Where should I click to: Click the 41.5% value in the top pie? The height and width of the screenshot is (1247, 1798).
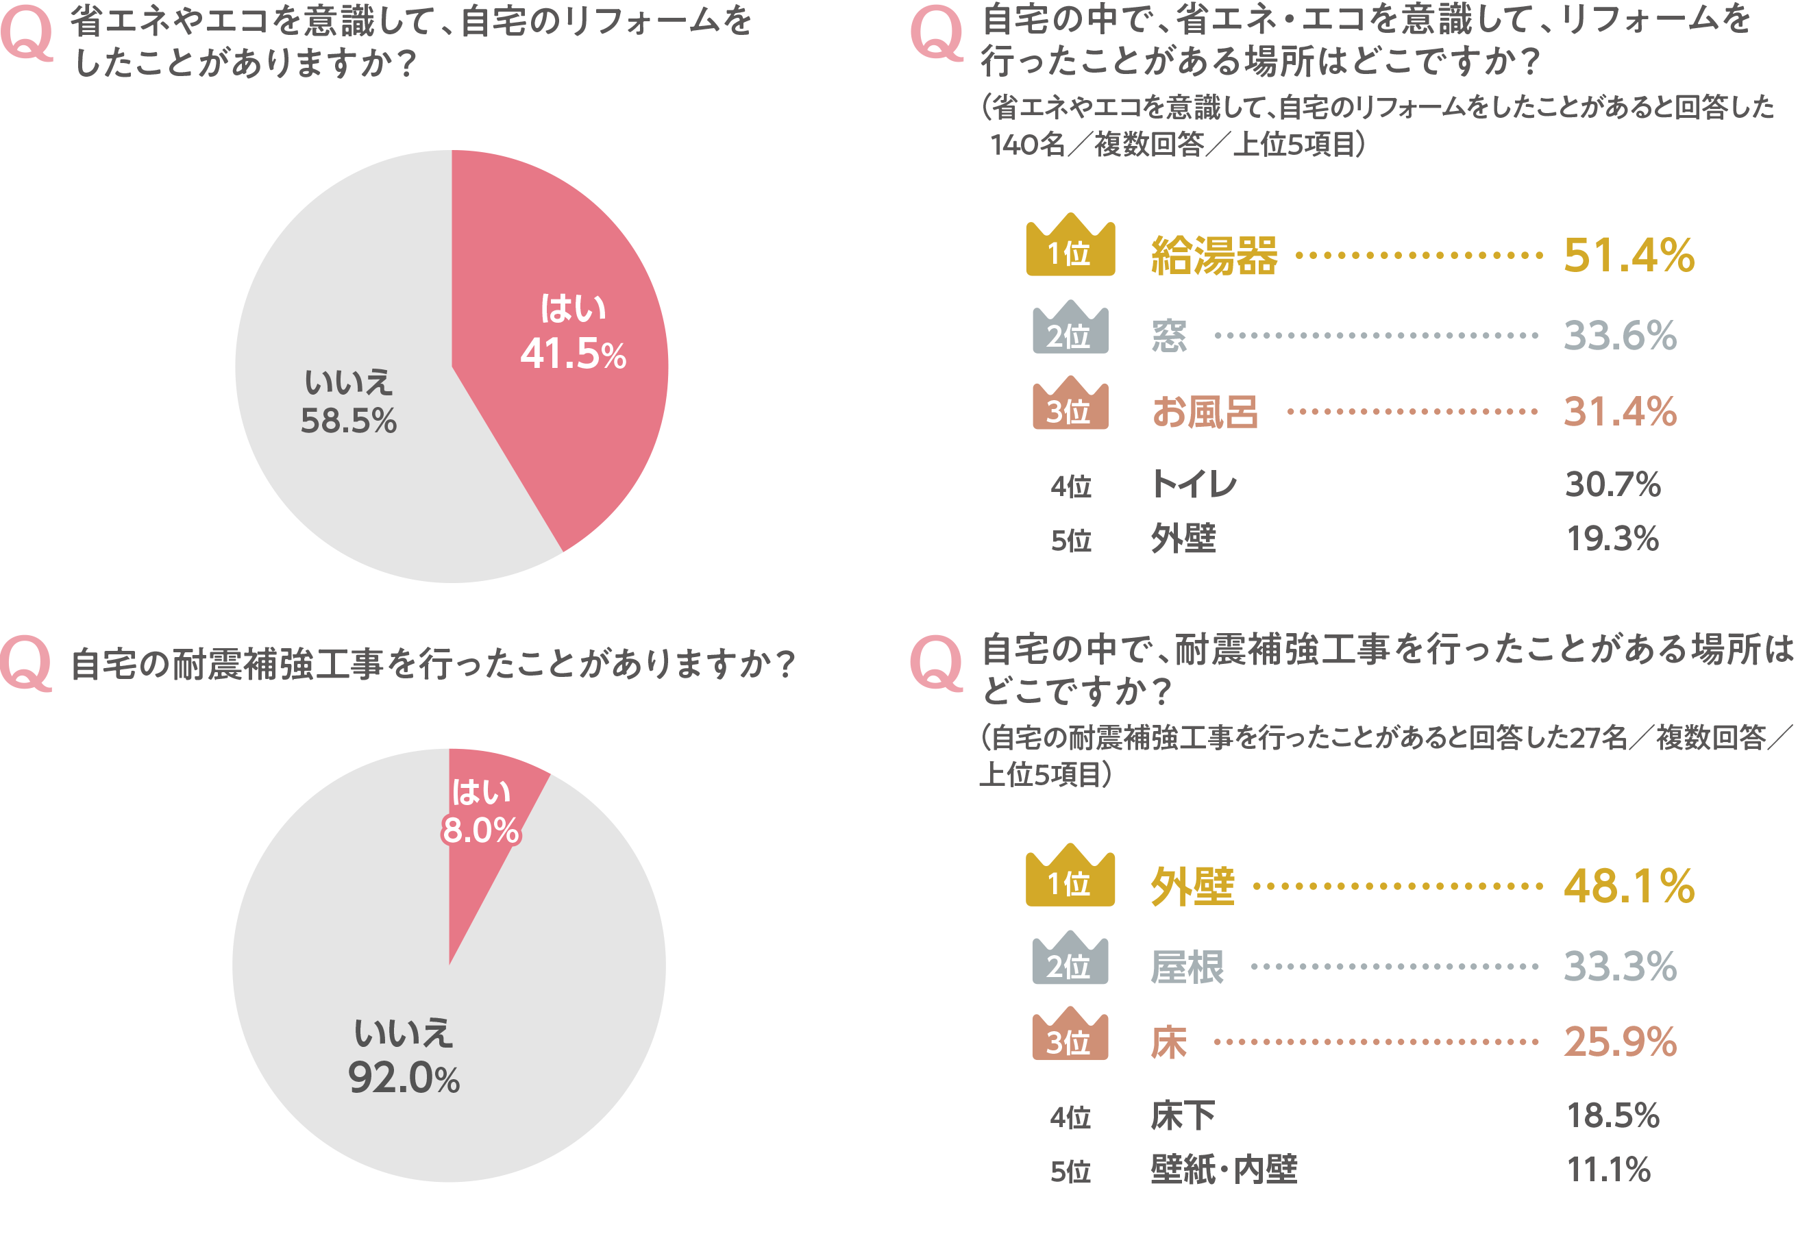(573, 354)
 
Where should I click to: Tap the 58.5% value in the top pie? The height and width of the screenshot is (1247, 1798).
(349, 421)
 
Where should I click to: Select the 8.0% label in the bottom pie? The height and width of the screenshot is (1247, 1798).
(480, 830)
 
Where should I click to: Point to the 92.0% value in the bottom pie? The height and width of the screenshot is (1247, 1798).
(403, 1078)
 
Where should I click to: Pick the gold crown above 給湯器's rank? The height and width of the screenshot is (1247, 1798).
(1070, 245)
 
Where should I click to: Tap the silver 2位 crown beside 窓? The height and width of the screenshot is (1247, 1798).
(1070, 328)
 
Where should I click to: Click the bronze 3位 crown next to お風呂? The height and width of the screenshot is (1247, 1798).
(1070, 404)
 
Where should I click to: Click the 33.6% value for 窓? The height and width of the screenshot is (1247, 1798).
(1620, 336)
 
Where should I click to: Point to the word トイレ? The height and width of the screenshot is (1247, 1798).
(1193, 484)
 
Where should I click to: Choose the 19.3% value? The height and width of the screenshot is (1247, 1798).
(1612, 539)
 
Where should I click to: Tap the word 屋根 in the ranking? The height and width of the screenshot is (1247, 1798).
(1187, 967)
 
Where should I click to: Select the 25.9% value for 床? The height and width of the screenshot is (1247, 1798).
(1620, 1041)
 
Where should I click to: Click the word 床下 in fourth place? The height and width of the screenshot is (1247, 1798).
(1182, 1115)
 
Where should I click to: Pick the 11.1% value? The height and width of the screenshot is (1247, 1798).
(1608, 1170)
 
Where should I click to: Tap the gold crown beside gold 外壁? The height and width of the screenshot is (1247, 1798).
(1070, 876)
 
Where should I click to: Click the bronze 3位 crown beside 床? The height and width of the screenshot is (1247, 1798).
(1070, 1035)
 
